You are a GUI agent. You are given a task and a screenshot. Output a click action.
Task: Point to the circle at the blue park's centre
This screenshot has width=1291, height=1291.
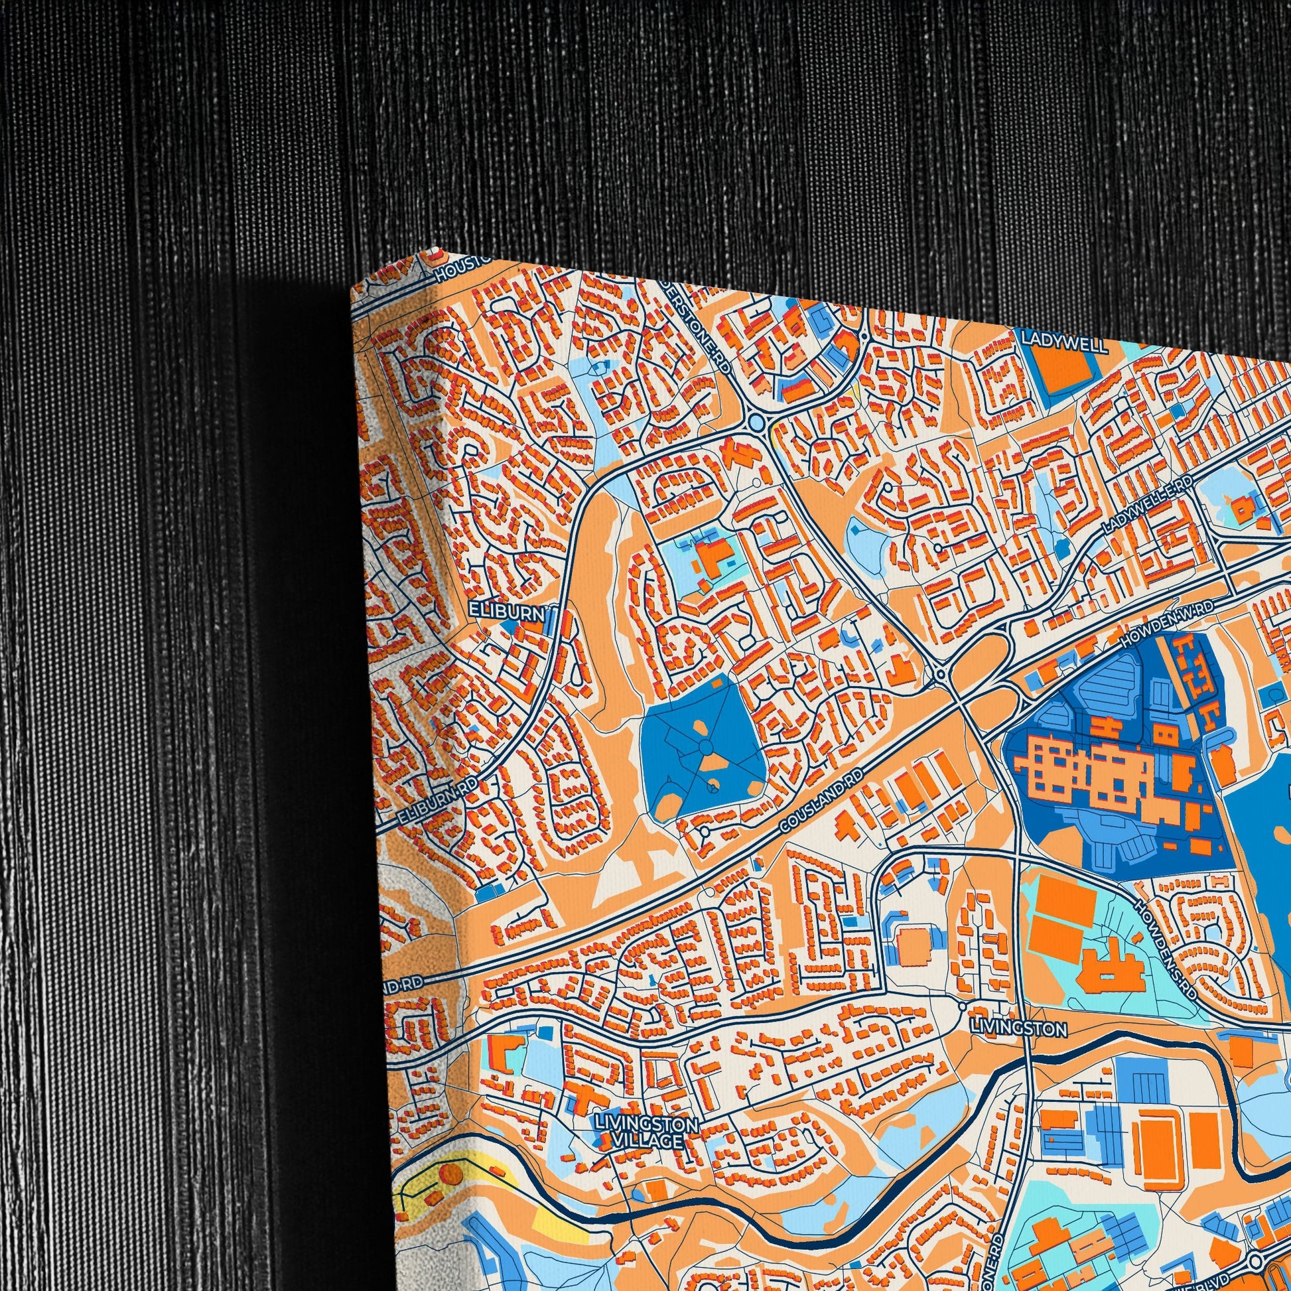coord(705,747)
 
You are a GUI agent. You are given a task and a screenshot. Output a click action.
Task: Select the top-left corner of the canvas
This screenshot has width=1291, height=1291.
coord(352,292)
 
